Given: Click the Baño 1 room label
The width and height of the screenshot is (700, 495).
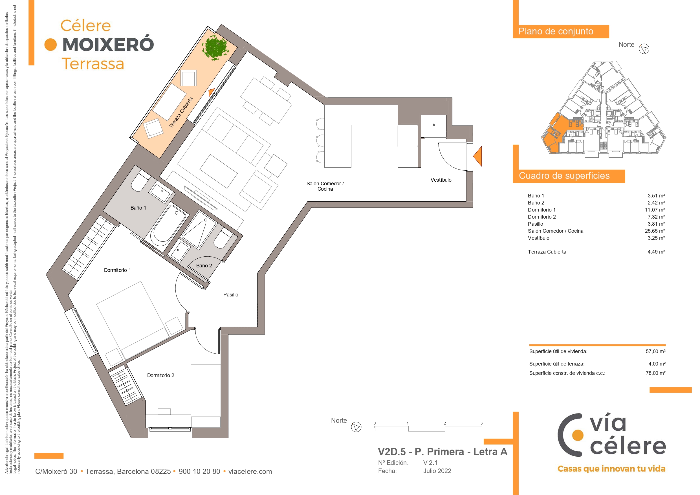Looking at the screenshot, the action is pos(138,208).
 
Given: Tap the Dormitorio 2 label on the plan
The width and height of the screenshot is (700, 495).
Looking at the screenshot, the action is pos(161,375).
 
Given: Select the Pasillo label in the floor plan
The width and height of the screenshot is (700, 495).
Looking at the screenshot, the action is pos(231,295).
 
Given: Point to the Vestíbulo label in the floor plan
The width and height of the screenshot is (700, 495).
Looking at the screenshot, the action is pos(441,180).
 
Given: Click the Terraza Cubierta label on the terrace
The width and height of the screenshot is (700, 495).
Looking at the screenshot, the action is pos(181,113).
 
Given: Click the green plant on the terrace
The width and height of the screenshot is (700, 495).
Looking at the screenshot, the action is pos(215,48).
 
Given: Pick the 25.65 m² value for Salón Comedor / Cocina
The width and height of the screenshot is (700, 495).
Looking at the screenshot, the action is pos(655,231).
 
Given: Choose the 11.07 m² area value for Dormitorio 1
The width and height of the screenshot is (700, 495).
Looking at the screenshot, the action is pos(655,210).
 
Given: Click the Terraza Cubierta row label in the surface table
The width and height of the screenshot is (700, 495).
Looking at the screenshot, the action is pos(547,252).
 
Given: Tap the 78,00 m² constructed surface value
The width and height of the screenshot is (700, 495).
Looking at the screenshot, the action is pos(655,373).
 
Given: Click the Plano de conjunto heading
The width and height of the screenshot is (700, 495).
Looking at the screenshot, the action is pos(556,31).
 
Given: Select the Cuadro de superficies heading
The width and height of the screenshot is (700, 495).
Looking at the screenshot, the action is pos(564,176).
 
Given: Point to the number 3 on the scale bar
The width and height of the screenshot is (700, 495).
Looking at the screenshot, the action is pos(481,423).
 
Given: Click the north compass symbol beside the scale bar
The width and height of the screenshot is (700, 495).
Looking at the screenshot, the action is pos(356,427).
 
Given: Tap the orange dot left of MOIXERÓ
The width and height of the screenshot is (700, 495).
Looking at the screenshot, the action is pos(50,45).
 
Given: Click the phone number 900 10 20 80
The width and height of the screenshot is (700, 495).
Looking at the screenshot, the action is pos(199,471).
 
